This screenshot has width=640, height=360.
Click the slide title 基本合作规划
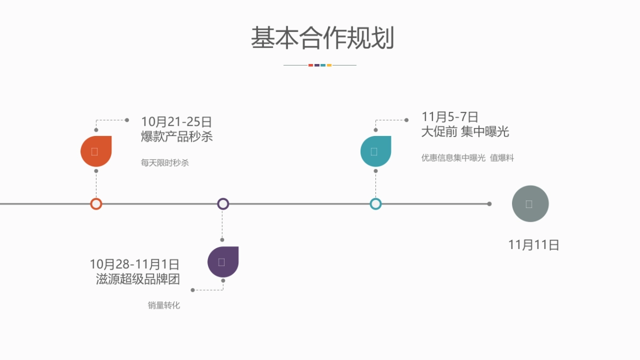tap(322, 38)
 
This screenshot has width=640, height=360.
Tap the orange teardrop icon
tap(96, 151)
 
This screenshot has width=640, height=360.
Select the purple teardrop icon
tap(223, 262)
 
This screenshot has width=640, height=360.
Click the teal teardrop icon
tap(375, 151)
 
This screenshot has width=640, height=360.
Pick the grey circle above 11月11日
tap(530, 204)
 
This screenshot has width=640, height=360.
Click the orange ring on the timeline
tap(96, 204)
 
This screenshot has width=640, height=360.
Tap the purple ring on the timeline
tap(223, 204)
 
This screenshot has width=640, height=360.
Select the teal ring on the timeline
tap(375, 204)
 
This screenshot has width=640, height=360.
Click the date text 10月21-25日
tap(177, 122)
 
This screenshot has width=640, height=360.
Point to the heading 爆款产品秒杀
tap(177, 137)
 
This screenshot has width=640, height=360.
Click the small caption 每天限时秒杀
tap(165, 163)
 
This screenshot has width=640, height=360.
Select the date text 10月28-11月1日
tap(134, 264)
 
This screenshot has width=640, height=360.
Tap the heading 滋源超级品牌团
tap(138, 279)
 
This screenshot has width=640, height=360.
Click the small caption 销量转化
tap(164, 306)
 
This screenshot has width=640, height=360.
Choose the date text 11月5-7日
tap(450, 117)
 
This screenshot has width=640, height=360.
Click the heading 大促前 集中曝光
tap(465, 132)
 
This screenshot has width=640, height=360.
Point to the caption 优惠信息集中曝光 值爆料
tap(467, 158)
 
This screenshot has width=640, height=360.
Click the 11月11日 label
tap(533, 245)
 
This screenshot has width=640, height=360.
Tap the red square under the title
tap(310, 65)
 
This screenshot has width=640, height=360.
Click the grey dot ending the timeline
tap(489, 204)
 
